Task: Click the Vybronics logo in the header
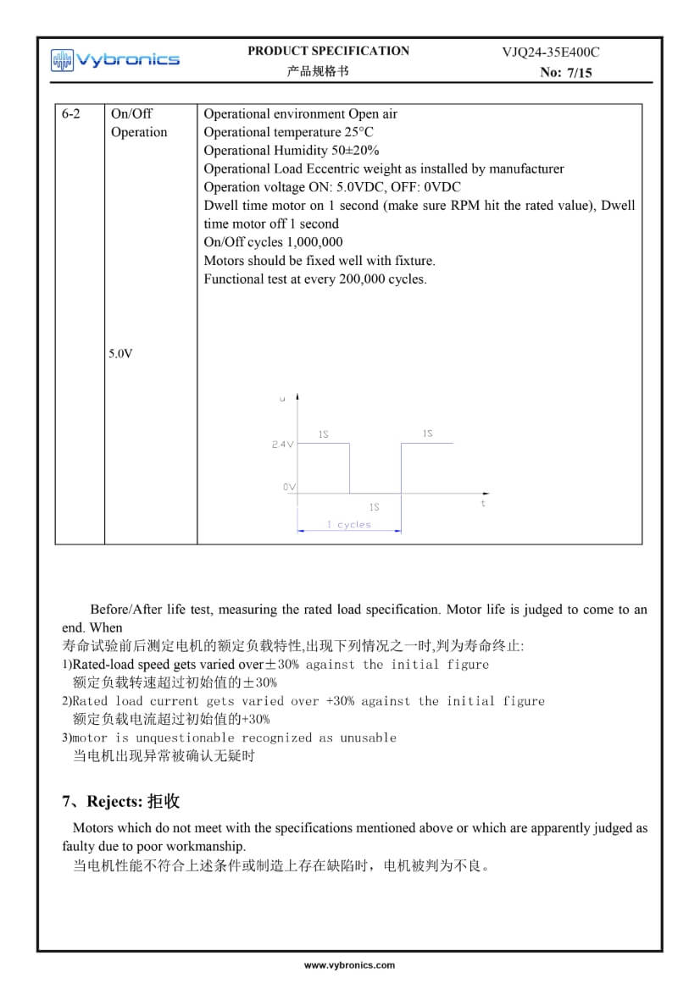pos(115,59)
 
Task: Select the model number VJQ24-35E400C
pos(550,52)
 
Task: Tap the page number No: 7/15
pos(565,73)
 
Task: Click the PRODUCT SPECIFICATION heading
pos(328,51)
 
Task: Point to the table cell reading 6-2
pos(71,113)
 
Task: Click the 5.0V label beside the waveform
pos(120,354)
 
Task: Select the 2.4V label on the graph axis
pos(282,444)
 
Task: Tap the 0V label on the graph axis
pos(289,488)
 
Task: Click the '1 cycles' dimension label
pos(349,525)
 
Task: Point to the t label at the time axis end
pos(483,503)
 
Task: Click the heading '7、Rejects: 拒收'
pos(121,801)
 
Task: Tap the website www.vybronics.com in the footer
pos(349,964)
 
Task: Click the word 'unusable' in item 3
pos(369,738)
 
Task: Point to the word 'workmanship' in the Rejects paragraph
pos(208,846)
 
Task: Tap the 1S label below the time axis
pos(374,507)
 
